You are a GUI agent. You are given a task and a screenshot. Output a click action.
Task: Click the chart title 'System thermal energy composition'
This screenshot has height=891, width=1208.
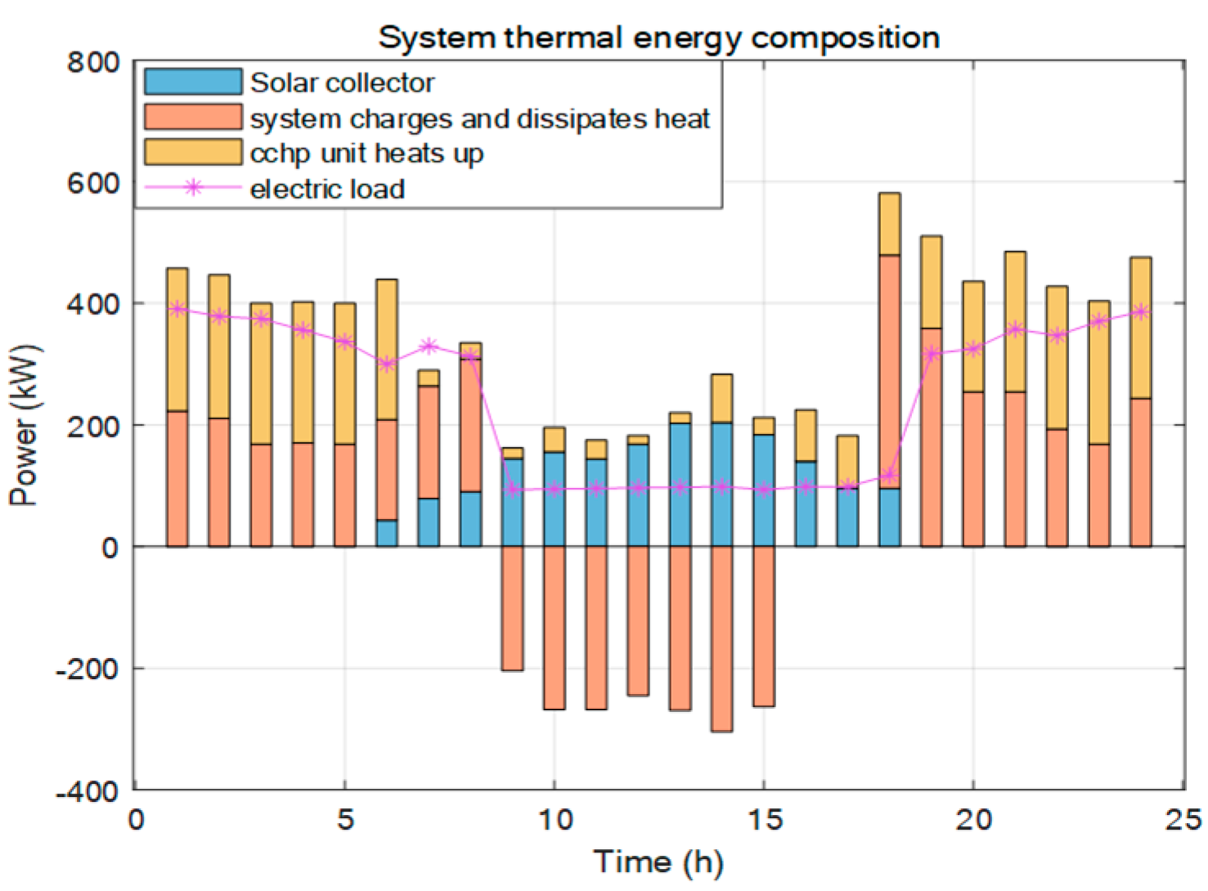(658, 38)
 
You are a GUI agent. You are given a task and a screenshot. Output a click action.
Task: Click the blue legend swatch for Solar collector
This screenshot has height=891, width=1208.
(193, 83)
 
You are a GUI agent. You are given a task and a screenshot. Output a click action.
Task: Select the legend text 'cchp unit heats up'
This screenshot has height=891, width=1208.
(366, 154)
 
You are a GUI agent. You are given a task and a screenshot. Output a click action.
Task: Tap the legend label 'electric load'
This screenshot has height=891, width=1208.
(327, 190)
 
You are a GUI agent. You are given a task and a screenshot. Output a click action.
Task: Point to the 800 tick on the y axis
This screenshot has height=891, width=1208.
(93, 62)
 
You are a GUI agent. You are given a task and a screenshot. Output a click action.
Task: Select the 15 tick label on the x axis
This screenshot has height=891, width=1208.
(764, 820)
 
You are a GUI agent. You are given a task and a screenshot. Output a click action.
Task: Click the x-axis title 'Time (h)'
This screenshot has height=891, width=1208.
(658, 862)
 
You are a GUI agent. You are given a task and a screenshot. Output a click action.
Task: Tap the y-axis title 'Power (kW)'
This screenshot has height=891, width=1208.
(25, 425)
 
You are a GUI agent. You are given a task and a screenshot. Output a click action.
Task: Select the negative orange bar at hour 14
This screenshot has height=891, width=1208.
(721, 638)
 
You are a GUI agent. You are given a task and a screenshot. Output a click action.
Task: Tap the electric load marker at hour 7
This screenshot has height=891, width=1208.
(429, 347)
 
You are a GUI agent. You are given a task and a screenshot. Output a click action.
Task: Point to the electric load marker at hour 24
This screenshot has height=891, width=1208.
(1141, 312)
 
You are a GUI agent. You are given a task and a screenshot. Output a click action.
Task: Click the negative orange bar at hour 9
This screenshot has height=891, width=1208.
(512, 608)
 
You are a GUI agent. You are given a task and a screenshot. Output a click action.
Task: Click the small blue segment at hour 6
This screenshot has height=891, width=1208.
(386, 533)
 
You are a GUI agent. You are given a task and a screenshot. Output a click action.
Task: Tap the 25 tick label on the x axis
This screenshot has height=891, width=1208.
(1183, 820)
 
